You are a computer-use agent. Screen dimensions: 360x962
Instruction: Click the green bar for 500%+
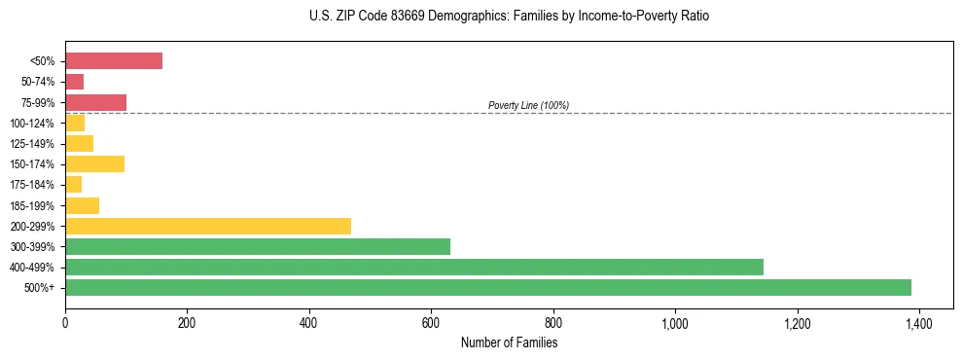click(487, 287)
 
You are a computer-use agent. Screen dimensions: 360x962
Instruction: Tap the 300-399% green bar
click(257, 246)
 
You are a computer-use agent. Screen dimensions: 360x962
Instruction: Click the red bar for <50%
click(113, 61)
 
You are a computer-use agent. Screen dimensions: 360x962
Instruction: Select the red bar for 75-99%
click(95, 102)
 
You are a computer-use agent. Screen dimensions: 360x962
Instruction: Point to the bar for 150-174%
click(94, 163)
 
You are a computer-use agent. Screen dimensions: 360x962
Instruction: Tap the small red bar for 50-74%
click(74, 82)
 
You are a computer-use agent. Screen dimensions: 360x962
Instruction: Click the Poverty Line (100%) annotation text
click(528, 105)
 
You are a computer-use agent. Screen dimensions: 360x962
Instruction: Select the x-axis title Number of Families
click(509, 342)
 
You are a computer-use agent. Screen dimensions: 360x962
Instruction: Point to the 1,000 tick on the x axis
click(675, 322)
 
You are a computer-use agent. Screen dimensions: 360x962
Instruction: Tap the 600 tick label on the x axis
click(431, 322)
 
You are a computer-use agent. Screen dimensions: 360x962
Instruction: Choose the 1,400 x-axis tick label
click(919, 322)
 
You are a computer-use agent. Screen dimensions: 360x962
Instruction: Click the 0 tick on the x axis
click(65, 322)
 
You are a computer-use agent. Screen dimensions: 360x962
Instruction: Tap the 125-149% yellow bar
click(79, 143)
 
